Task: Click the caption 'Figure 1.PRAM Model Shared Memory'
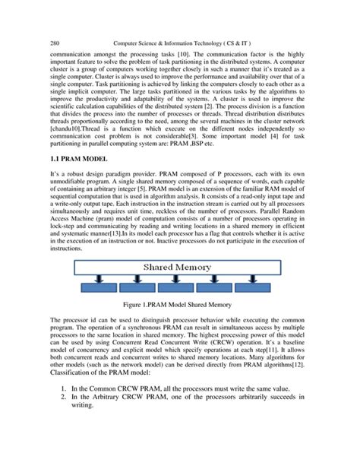(x=180, y=335)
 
